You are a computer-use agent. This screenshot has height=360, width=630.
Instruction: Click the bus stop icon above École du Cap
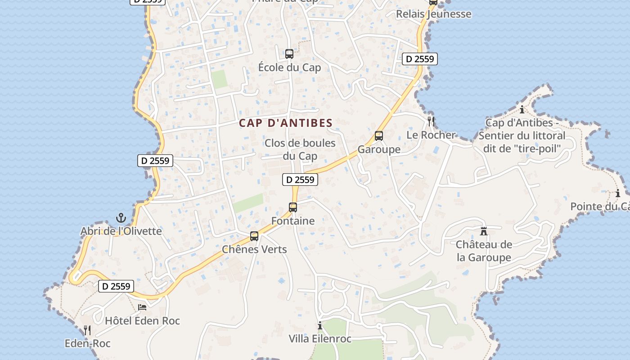click(x=289, y=54)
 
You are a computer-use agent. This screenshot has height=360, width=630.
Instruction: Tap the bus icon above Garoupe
click(x=379, y=136)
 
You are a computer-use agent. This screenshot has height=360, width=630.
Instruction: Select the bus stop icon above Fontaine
click(x=293, y=207)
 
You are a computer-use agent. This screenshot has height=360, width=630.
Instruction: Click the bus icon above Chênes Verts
click(x=254, y=236)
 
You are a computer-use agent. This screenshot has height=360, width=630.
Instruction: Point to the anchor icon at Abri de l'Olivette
click(x=121, y=218)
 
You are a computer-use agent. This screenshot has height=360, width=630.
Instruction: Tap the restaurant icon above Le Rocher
click(x=431, y=121)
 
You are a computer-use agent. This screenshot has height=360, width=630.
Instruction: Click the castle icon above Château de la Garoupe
click(x=484, y=231)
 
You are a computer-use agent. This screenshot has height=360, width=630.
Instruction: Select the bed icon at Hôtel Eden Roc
click(x=142, y=307)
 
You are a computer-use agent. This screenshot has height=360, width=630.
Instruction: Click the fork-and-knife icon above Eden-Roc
click(x=87, y=330)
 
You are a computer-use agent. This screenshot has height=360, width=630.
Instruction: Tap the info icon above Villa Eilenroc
click(x=320, y=325)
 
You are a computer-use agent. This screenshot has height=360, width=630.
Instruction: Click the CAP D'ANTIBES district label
click(x=286, y=123)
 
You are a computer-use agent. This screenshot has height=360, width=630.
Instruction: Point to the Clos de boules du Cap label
click(x=300, y=149)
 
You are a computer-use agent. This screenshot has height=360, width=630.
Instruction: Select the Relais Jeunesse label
click(x=433, y=14)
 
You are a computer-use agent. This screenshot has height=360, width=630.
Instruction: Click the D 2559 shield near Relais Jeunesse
click(x=420, y=59)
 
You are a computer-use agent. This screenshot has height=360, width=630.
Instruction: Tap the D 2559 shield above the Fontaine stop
click(x=300, y=180)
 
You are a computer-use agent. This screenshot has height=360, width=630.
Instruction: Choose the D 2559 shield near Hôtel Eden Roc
click(x=116, y=286)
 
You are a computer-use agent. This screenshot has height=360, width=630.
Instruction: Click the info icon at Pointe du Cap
click(x=618, y=194)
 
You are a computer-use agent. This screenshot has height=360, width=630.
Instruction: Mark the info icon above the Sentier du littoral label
click(x=522, y=109)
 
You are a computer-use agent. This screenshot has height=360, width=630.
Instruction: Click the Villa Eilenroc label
click(x=320, y=339)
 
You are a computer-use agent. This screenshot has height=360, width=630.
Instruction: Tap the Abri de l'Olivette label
click(x=121, y=231)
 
